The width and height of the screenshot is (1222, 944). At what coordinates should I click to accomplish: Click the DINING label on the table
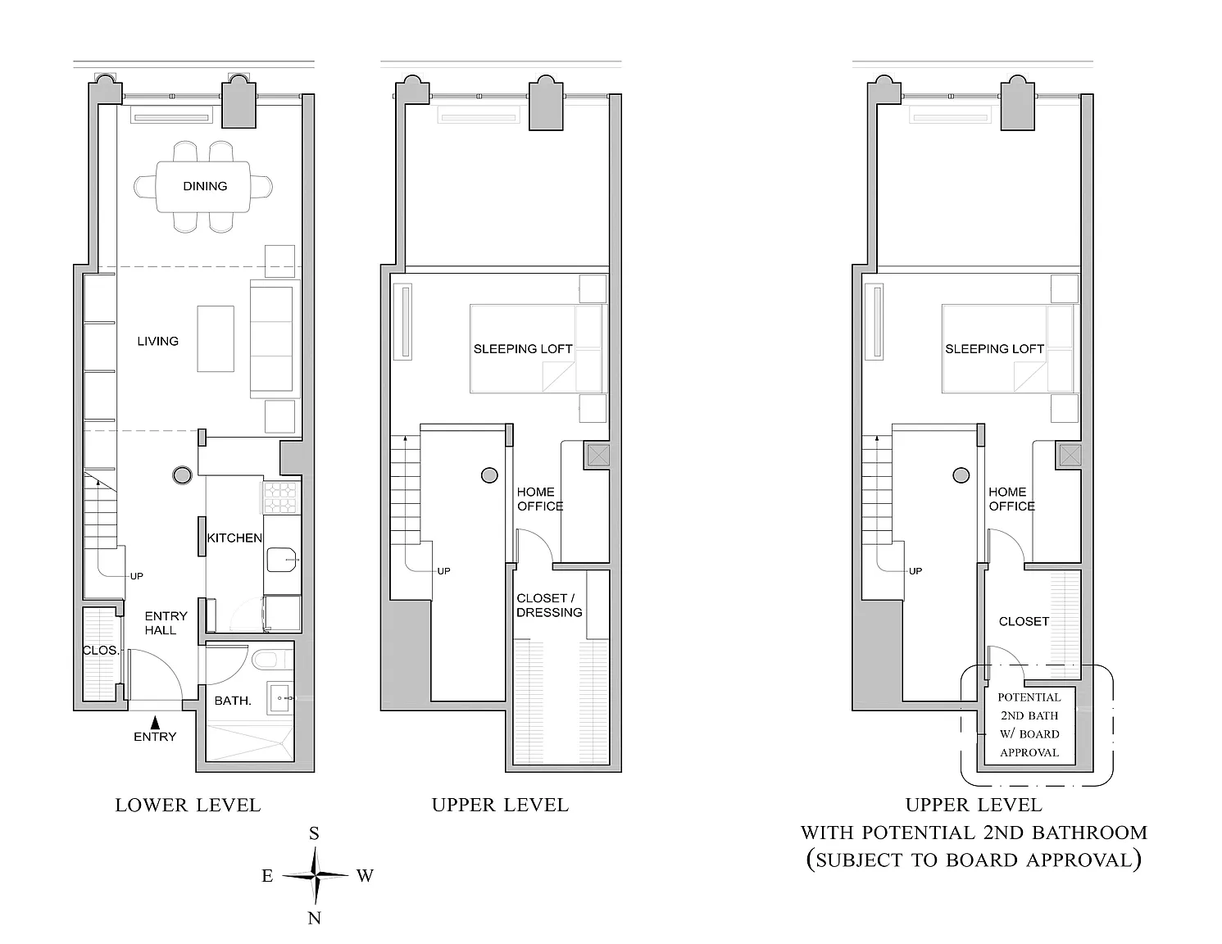click(205, 186)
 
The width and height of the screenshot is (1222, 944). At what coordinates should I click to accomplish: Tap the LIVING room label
click(158, 341)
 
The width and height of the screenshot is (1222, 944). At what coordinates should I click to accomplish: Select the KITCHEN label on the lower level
click(234, 538)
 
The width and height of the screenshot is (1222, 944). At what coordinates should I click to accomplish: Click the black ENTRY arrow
click(155, 723)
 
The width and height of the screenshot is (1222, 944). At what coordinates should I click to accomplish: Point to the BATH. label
click(233, 701)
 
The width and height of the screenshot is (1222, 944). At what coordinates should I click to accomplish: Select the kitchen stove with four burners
click(280, 497)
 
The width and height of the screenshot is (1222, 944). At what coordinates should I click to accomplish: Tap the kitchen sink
click(282, 560)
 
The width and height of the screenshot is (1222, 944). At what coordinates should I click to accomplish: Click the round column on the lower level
click(182, 475)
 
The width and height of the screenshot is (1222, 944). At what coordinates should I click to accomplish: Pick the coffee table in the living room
click(216, 338)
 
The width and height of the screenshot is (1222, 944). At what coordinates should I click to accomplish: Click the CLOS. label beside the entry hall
click(101, 651)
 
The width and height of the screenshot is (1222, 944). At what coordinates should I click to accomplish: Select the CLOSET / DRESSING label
click(549, 606)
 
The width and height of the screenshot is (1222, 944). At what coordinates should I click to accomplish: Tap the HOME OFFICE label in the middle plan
click(540, 499)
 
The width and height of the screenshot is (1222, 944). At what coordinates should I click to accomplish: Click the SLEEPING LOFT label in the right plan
click(995, 349)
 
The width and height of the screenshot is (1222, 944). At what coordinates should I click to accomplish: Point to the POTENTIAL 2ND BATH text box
click(1029, 724)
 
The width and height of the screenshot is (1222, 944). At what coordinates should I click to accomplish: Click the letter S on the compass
click(315, 833)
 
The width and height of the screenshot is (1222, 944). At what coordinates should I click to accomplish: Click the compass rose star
click(316, 875)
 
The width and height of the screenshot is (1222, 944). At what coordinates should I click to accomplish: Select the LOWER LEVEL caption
click(189, 806)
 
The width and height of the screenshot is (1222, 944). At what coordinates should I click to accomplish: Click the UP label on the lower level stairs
click(137, 576)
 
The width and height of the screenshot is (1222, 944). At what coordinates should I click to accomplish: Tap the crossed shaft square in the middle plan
click(598, 456)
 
